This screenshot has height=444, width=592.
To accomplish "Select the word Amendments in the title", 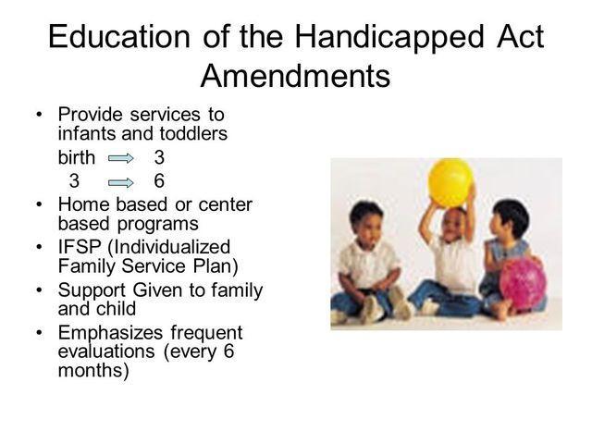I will pos(296,75).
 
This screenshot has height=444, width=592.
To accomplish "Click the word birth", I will pos(77,157).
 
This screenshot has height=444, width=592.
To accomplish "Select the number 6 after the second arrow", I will pos(159,179).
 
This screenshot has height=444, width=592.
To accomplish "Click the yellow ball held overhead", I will pos(450,182).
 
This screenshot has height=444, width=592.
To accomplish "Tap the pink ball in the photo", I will pos(523,283).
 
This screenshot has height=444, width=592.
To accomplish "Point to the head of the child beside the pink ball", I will pos(510,220).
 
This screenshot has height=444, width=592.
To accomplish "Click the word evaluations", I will pos(112,352).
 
